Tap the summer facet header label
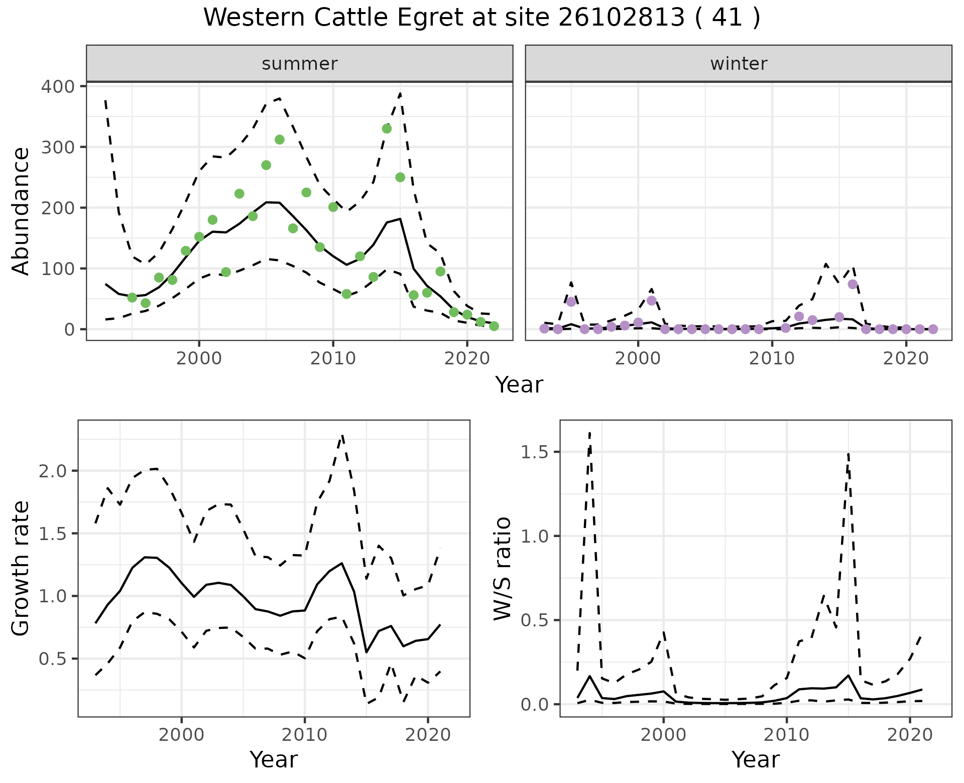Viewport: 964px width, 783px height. pyautogui.click(x=300, y=64)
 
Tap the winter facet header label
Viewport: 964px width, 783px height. pyautogui.click(x=739, y=64)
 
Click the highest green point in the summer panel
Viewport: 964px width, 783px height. pyautogui.click(x=387, y=128)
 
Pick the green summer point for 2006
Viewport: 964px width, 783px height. pyautogui.click(x=280, y=140)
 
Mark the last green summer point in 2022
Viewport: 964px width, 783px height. pyautogui.click(x=494, y=326)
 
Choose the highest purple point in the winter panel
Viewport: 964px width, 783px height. pyautogui.click(x=853, y=284)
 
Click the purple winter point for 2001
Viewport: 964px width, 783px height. pyautogui.click(x=652, y=301)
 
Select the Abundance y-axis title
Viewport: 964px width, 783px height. pyautogui.click(x=21, y=211)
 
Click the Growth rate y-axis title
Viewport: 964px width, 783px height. pyautogui.click(x=21, y=568)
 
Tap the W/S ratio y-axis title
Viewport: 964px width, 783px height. pyautogui.click(x=502, y=568)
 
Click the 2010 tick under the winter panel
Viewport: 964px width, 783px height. pyautogui.click(x=772, y=359)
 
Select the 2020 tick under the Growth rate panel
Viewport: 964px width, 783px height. pyautogui.click(x=428, y=735)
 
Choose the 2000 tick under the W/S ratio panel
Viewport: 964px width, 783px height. pyautogui.click(x=664, y=735)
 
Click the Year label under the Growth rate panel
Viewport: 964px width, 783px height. pyautogui.click(x=274, y=759)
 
